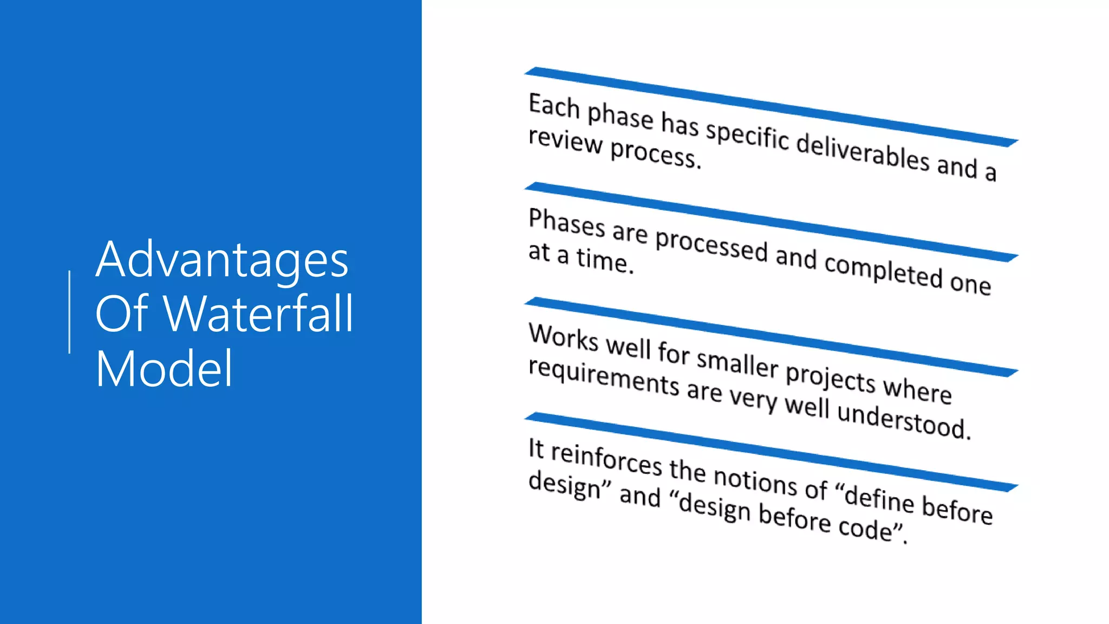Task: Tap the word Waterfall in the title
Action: pyautogui.click(x=259, y=314)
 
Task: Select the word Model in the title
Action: pyautogui.click(x=164, y=369)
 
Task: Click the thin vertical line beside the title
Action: pyautogui.click(x=69, y=312)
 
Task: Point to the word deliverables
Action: pyautogui.click(x=863, y=152)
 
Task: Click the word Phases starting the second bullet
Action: pyautogui.click(x=566, y=222)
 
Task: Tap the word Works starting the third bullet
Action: pyautogui.click(x=563, y=337)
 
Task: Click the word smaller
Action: pyautogui.click(x=737, y=362)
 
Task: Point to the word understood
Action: pyautogui.click(x=903, y=420)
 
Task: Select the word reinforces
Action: pyautogui.click(x=606, y=458)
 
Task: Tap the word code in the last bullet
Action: pyautogui.click(x=865, y=527)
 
